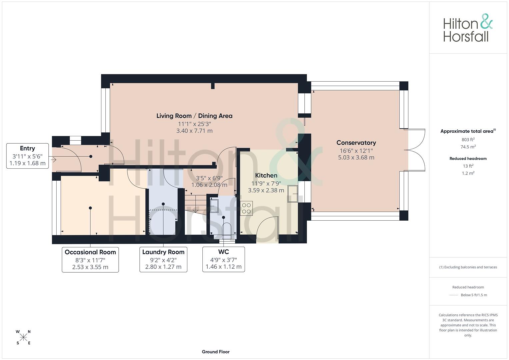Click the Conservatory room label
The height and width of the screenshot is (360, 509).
[x=356, y=143]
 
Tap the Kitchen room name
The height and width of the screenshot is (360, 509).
[x=266, y=175]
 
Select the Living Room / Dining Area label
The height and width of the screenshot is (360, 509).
[x=194, y=116]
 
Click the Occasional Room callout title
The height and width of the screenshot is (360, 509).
[x=90, y=252]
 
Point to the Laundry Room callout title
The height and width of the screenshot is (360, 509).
[x=163, y=252]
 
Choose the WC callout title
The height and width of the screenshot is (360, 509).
[x=224, y=252]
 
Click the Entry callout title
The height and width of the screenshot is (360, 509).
[x=27, y=148]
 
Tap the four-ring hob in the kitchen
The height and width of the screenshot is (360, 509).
[x=246, y=208]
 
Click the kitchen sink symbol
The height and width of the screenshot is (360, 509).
[x=293, y=194]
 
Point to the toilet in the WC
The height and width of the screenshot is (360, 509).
[x=227, y=231]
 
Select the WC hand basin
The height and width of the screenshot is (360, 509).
[x=214, y=206]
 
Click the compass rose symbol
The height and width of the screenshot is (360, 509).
[x=23, y=337]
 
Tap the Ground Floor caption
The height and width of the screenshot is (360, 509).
[x=216, y=352]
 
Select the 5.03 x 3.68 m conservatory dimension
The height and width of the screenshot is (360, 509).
[x=356, y=157]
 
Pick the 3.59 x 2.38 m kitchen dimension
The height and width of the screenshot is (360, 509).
[x=266, y=190]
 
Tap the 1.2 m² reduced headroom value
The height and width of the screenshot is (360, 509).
[x=468, y=173]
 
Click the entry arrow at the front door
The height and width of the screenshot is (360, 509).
[x=53, y=160]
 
